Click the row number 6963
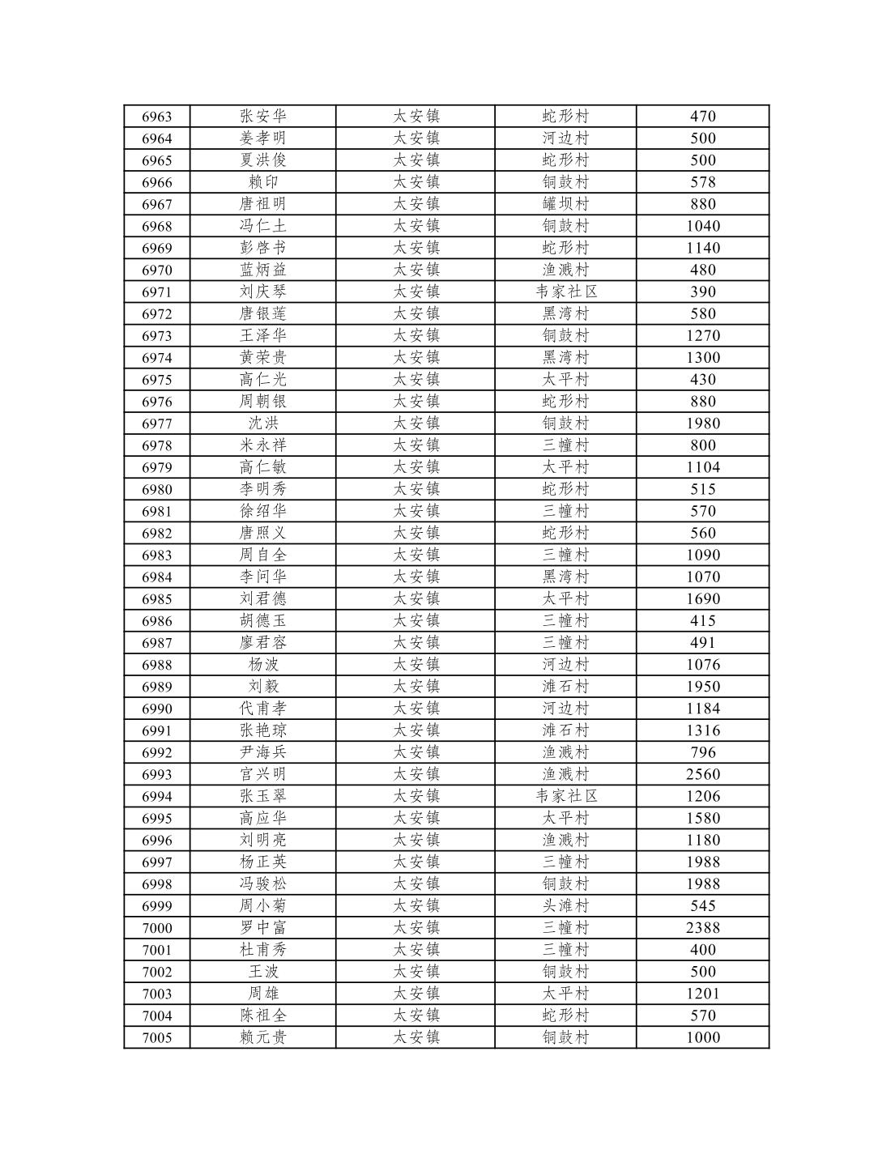[156, 117]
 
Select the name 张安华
[262, 117]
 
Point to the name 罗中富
[262, 928]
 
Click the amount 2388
[702, 928]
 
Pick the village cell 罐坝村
[565, 204]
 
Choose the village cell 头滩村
[565, 906]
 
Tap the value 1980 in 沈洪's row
[702, 424]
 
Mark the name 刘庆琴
[262, 292]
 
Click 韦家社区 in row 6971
[565, 292]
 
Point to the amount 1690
[702, 599]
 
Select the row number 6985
[156, 599]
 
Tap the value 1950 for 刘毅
[702, 687]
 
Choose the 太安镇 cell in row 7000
[416, 928]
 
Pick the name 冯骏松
[262, 884]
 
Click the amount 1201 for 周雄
[702, 994]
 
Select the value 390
[702, 292]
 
